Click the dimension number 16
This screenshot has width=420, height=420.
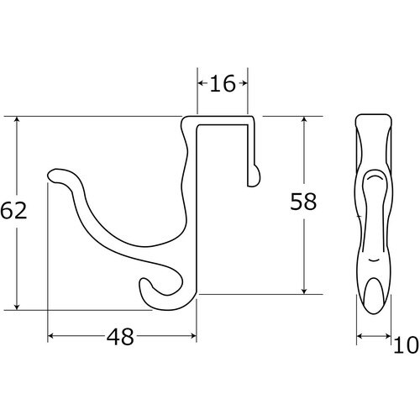click(223, 83)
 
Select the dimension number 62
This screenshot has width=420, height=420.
click(13, 210)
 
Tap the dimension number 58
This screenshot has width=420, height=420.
click(303, 202)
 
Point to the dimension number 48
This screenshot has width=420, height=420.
click(120, 337)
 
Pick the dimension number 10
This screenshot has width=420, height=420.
click(406, 344)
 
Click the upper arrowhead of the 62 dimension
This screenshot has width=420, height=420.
click(17, 121)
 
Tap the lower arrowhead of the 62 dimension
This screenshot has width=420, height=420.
click(17, 306)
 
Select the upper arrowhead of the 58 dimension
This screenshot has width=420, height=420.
click(305, 121)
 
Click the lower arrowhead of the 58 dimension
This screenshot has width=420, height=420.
click(305, 290)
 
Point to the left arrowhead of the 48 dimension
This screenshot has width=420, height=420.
click(52, 335)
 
